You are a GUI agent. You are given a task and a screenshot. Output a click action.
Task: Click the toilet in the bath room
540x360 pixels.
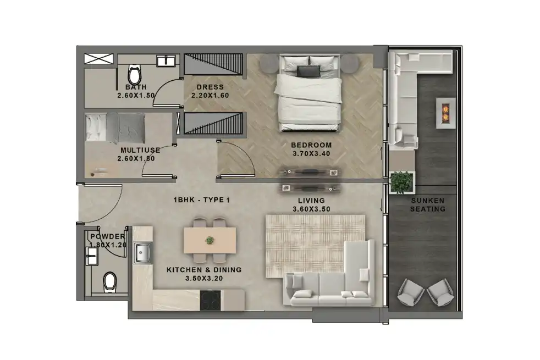pos(134,75)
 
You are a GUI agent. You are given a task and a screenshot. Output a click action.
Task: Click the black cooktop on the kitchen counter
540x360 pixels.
pos(211,300)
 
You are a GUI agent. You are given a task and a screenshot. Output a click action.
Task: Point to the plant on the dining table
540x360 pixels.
pos(210,240)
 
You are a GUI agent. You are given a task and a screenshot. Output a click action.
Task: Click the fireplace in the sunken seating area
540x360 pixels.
pos(445,113)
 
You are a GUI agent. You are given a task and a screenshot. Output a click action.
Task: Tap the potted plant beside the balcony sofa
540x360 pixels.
pos(401,181)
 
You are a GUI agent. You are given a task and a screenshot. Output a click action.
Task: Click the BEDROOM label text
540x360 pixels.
pos(311,145)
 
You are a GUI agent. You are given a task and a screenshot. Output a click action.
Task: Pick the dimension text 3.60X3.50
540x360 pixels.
pos(311,209)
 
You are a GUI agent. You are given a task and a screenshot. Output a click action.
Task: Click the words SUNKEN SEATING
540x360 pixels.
pos(428,205)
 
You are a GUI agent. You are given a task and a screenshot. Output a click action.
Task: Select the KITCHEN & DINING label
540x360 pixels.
pos(204,270)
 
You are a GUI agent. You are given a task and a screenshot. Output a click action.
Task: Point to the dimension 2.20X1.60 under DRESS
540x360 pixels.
pos(210,95)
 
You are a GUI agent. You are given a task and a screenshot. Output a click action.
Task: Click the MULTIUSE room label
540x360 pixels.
pos(140,150)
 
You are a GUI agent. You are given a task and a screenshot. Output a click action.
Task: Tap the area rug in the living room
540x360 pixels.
pos(315,242)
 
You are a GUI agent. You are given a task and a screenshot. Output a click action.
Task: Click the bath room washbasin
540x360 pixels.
pos(166,60)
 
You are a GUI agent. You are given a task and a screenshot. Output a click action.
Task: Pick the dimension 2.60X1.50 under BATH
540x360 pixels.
pos(136,95)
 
